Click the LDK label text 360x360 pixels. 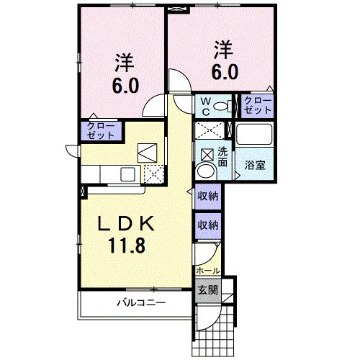[126, 224]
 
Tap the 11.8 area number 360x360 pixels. [127, 245]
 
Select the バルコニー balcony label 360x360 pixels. [141, 303]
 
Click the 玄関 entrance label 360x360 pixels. [207, 290]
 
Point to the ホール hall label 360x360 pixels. [208, 271]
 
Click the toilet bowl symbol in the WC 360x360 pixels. [222, 106]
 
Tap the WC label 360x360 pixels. [206, 107]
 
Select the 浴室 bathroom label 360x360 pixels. [255, 165]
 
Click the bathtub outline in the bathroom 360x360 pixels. [255, 135]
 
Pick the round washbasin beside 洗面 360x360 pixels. [206, 171]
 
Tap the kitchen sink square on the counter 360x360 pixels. [128, 174]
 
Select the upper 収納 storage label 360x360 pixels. [208, 197]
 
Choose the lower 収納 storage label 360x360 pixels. [208, 225]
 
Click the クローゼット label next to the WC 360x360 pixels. [258, 106]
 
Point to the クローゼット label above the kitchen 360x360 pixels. [101, 131]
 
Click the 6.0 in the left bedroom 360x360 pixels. [125, 85]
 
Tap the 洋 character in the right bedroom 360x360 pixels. [223, 50]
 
